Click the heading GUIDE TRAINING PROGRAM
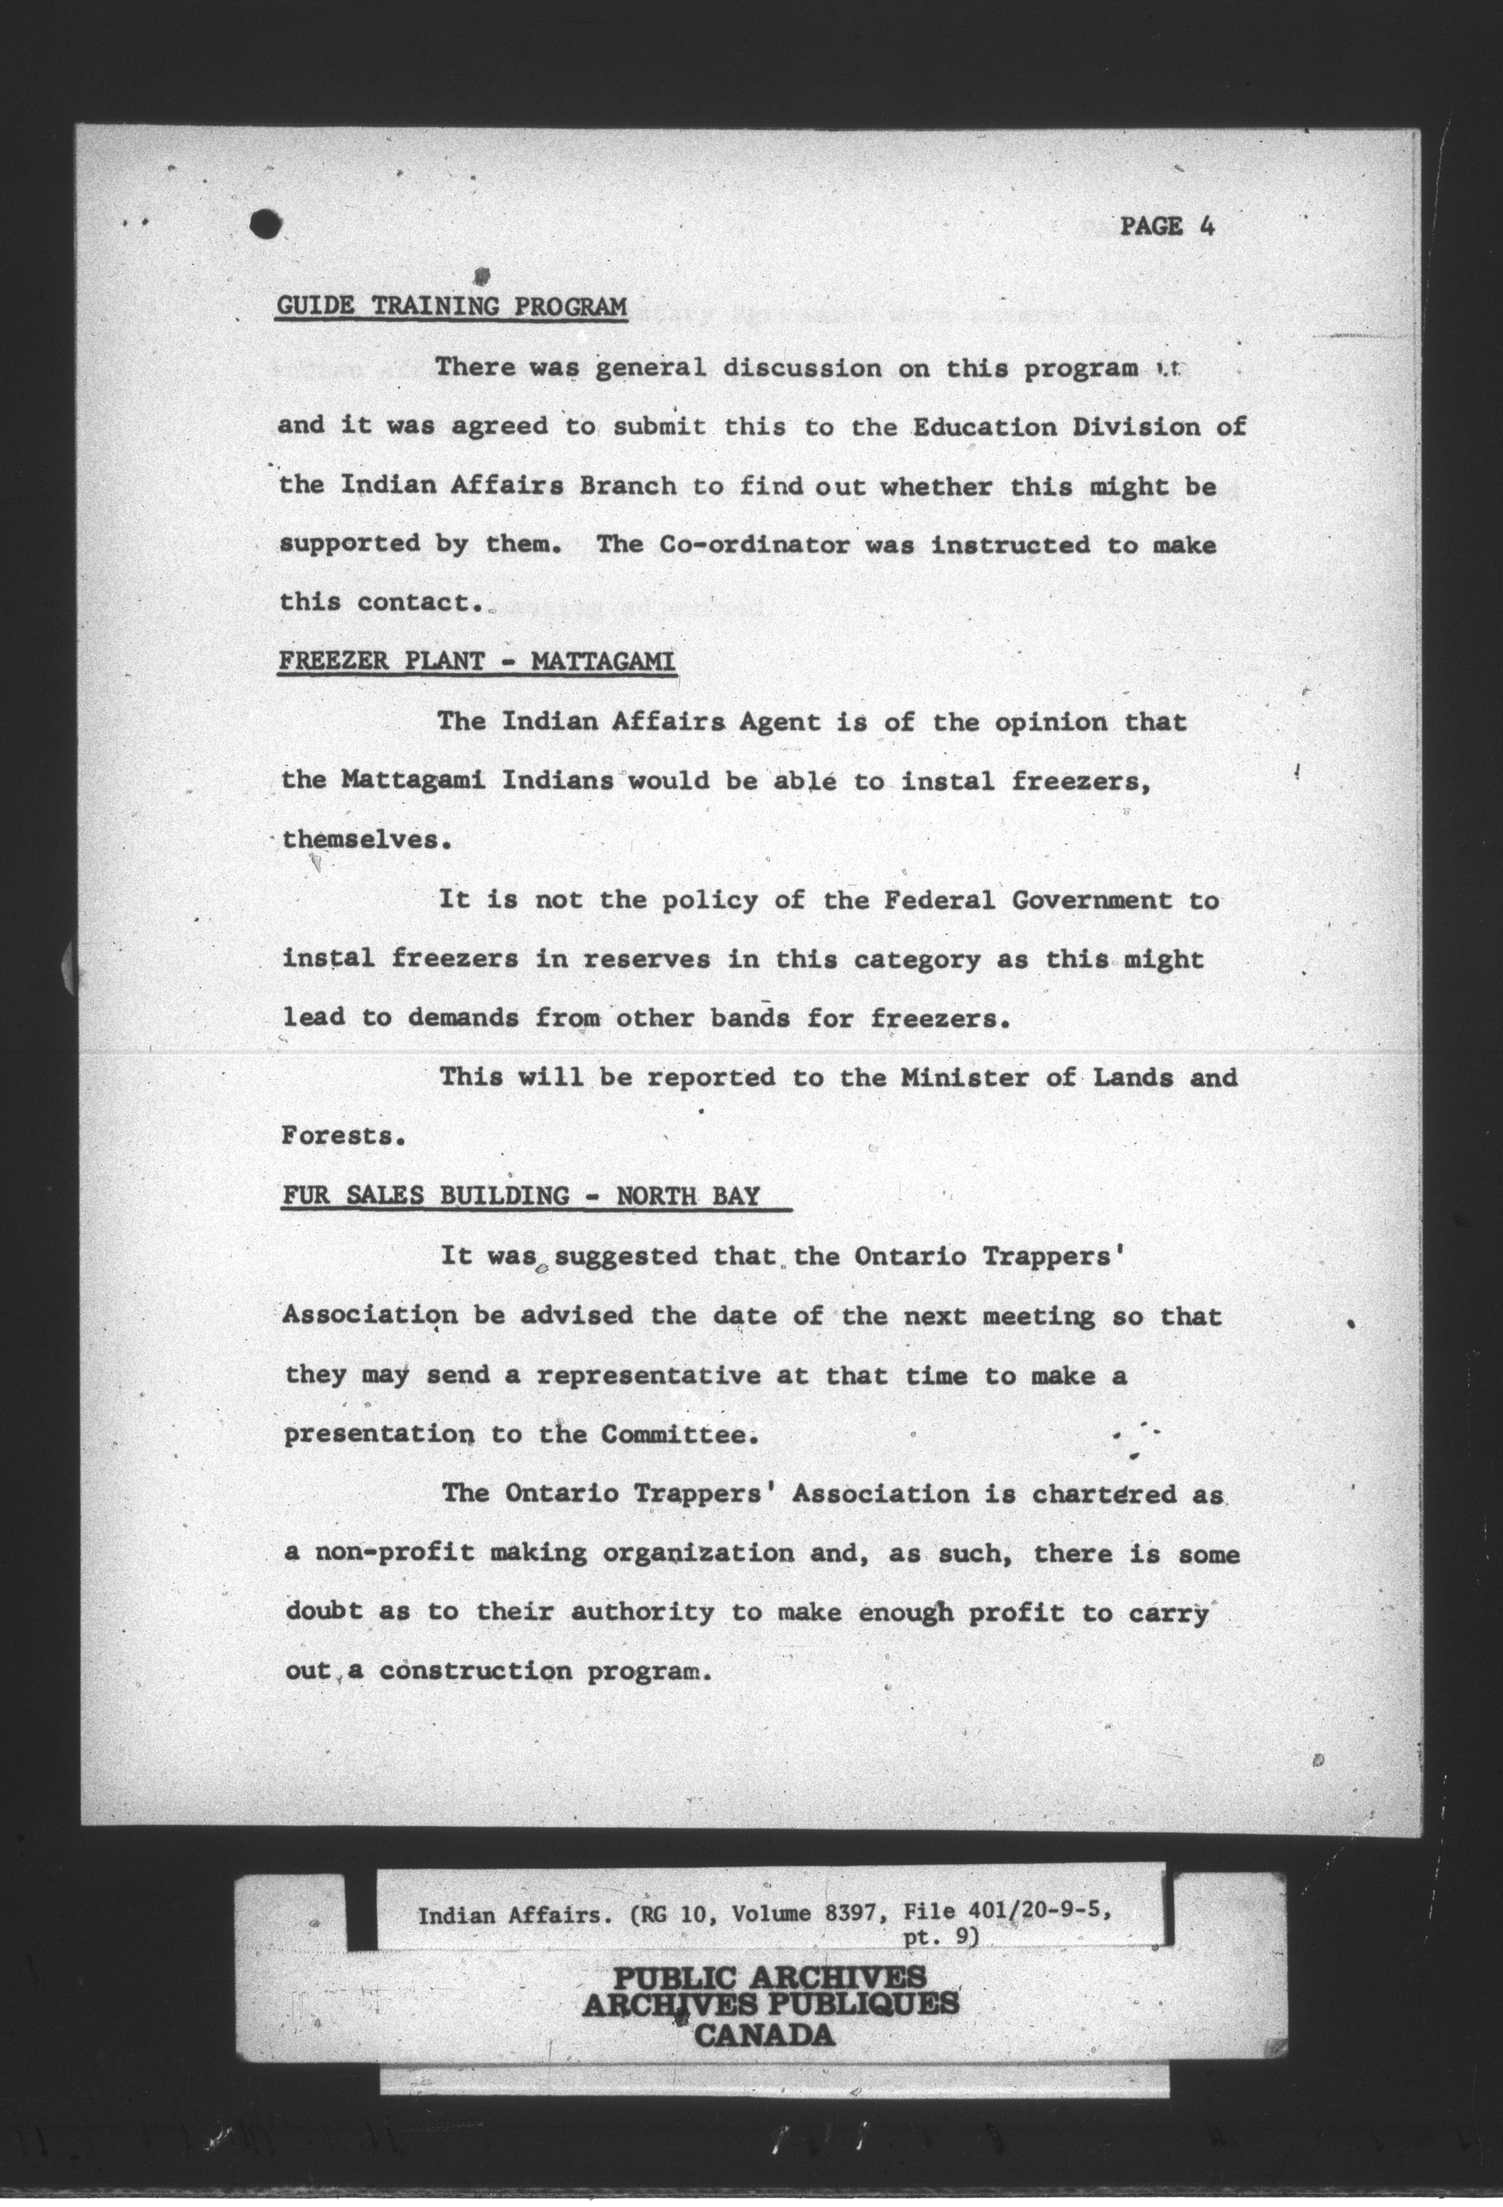pyautogui.click(x=451, y=307)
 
